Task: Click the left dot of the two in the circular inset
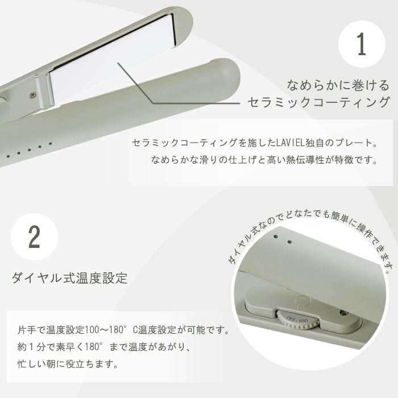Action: click(x=275, y=235)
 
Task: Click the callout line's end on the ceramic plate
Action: click(x=118, y=63)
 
